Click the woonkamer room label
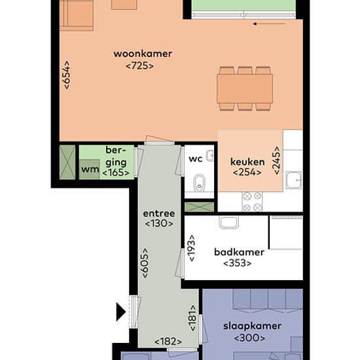[x=143, y=54]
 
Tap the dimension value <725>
[x=140, y=66]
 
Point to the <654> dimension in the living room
[x=66, y=75]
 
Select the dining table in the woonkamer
[x=245, y=88]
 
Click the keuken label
[x=247, y=162]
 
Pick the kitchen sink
[x=294, y=180]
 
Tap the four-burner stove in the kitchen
[x=252, y=202]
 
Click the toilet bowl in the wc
[x=199, y=183]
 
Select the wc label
[x=196, y=159]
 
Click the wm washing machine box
[x=89, y=170]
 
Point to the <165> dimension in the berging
[x=116, y=173]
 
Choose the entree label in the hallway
[x=159, y=213]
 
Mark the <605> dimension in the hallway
[x=145, y=263]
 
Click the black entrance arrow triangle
[x=121, y=312]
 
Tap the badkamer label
[x=239, y=252]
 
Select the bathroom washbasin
[x=228, y=222]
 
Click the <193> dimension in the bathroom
[x=192, y=248]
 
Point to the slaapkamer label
[x=252, y=326]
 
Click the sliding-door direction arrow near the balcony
[x=269, y=24]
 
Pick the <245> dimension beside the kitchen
[x=277, y=160]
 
